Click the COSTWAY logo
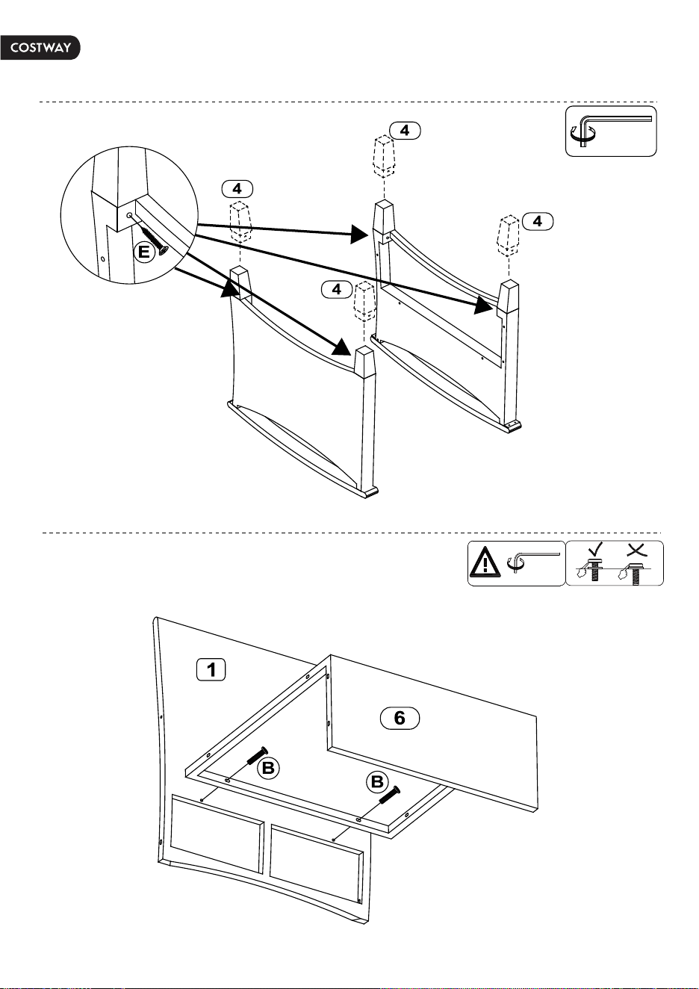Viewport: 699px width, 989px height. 40,48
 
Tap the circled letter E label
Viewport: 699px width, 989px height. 145,252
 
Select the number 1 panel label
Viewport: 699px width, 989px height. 211,669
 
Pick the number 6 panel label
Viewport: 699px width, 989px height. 400,718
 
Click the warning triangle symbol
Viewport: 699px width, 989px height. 485,563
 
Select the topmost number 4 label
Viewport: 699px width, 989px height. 405,130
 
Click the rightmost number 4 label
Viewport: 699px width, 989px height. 538,221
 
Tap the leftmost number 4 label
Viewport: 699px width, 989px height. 237,189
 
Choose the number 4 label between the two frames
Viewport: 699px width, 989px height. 337,290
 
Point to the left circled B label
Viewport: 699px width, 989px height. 268,768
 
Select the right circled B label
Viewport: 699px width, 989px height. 377,782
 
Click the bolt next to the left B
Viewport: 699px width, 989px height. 257,757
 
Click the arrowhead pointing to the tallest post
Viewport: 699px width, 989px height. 359,234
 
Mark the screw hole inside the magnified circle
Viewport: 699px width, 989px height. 129,215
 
